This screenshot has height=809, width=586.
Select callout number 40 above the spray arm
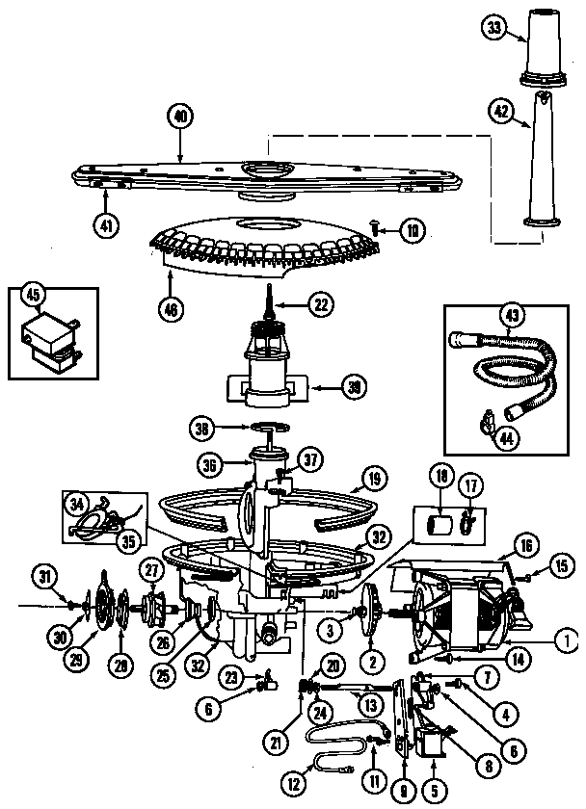coord(180,117)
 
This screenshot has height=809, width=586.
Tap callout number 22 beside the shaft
coord(320,303)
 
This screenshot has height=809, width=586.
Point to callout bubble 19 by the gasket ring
coord(375,476)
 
